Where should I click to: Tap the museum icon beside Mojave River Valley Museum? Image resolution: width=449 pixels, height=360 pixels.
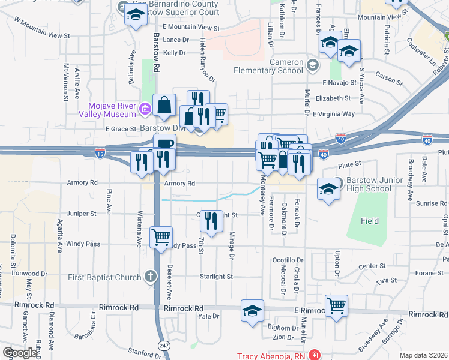pos(145,109)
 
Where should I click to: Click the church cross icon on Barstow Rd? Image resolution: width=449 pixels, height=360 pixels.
pos(150,277)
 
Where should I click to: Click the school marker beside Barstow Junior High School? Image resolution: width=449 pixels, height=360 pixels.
pos(328,188)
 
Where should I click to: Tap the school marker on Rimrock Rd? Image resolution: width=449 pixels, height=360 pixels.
pos(252,310)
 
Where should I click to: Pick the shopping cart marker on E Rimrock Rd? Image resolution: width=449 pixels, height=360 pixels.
pos(336,305)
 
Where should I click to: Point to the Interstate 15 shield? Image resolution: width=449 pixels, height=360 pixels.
pos(100,153)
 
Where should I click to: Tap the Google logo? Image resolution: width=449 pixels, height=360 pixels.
pos(20,353)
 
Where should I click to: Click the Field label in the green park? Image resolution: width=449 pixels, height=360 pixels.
pos(370,221)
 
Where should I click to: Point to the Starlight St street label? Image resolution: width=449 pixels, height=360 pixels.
pos(217,277)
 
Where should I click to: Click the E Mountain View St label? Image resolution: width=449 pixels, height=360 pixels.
pos(191,28)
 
